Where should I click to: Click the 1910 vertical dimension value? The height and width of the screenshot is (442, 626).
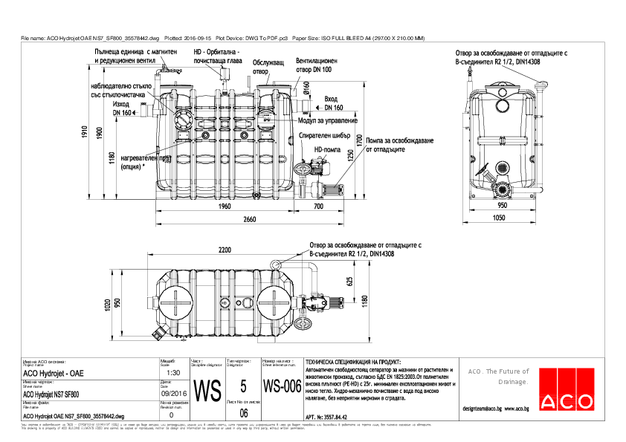(x=85, y=132)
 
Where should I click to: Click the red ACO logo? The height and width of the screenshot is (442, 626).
(x=567, y=389)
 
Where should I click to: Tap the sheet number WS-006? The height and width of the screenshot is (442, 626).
(x=282, y=387)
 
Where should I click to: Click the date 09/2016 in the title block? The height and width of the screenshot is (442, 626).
(x=172, y=394)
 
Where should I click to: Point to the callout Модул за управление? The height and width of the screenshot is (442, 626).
(x=328, y=120)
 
